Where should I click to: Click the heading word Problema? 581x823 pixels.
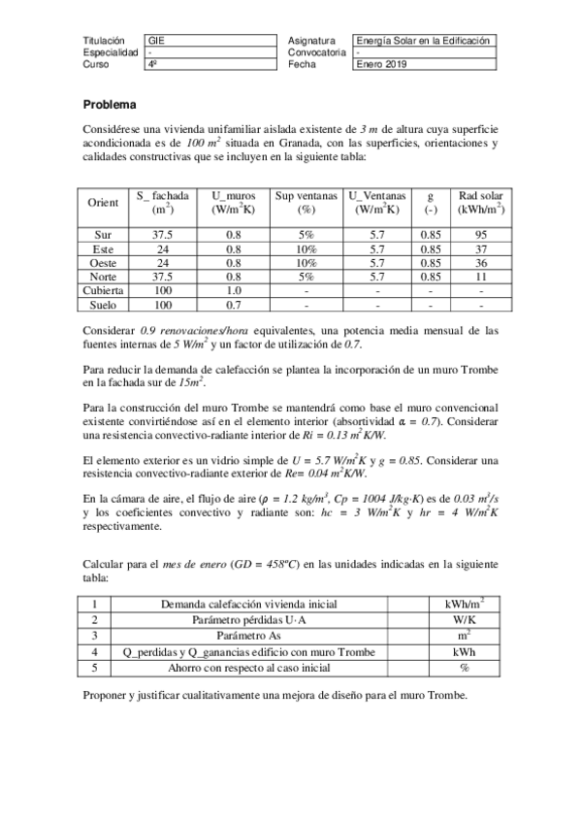pyautogui.click(x=110, y=104)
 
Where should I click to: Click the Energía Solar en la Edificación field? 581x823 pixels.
pyautogui.click(x=425, y=41)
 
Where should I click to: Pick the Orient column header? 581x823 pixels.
pyautogui.click(x=103, y=203)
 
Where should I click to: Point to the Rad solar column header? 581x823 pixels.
pyautogui.click(x=473, y=203)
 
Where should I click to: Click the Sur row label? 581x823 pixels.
pyautogui.click(x=103, y=235)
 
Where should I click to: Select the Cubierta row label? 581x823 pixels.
pyautogui.click(x=103, y=290)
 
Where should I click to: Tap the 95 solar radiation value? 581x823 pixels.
pyautogui.click(x=473, y=235)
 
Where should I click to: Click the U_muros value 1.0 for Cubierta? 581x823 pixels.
pyautogui.click(x=234, y=290)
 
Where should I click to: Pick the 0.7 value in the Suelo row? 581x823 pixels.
pyautogui.click(x=234, y=305)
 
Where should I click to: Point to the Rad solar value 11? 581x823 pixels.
pyautogui.click(x=473, y=277)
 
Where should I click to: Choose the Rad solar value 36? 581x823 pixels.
pyautogui.click(x=473, y=263)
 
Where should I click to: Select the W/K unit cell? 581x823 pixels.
pyautogui.click(x=462, y=619)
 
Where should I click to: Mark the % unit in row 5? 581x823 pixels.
pyautogui.click(x=462, y=668)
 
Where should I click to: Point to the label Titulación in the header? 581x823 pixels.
pyautogui.click(x=105, y=41)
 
